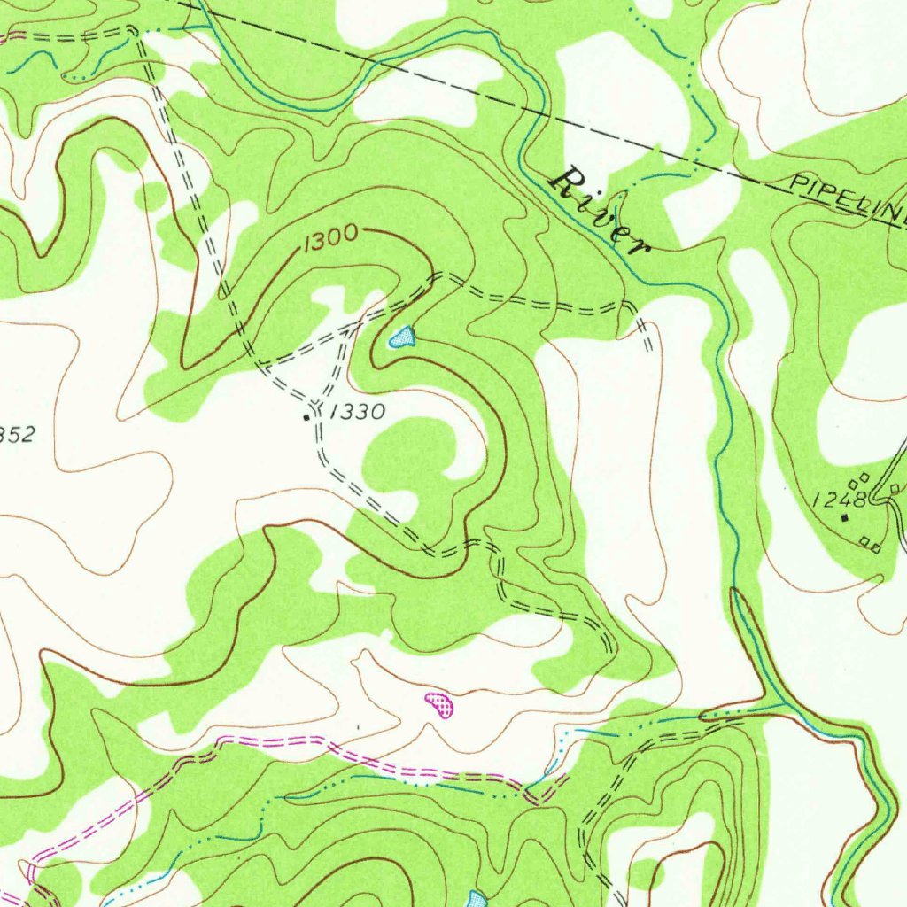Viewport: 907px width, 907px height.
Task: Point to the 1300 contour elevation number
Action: point(329,238)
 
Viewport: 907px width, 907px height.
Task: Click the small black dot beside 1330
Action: point(307,416)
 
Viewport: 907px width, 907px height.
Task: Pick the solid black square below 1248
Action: point(844,517)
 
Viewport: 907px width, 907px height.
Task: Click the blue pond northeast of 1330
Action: point(402,337)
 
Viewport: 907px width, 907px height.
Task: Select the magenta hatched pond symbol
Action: point(439,704)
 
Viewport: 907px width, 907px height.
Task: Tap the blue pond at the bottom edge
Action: point(477,899)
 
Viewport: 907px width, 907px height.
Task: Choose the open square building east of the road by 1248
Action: point(895,488)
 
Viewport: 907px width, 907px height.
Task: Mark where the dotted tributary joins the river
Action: point(783,704)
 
